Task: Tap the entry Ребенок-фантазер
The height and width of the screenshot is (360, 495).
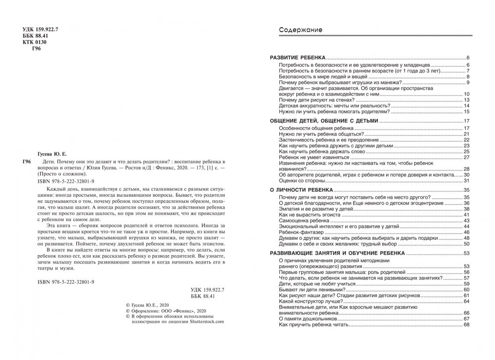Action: pyautogui.click(x=302, y=232)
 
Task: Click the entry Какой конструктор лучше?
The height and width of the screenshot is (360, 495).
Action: pyautogui.click(x=308, y=301)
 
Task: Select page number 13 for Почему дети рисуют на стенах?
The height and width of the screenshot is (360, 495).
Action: pyautogui.click(x=466, y=100)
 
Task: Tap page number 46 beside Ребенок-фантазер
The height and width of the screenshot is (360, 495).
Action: pyautogui.click(x=466, y=232)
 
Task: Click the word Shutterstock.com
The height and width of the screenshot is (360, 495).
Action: pyautogui.click(x=203, y=321)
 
